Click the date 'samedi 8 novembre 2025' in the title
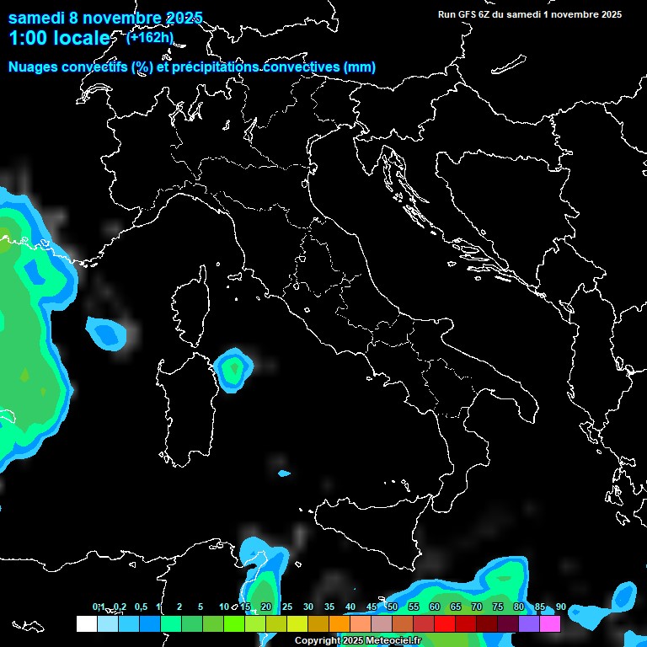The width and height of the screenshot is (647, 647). (x=105, y=18)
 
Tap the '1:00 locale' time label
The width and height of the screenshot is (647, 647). (x=60, y=38)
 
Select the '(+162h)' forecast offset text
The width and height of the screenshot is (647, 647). (x=150, y=37)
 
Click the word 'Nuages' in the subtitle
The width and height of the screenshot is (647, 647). (x=34, y=67)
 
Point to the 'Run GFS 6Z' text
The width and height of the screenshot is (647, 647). (x=468, y=14)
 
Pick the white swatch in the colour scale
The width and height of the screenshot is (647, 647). (x=86, y=623)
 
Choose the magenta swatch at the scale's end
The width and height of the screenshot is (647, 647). (x=550, y=623)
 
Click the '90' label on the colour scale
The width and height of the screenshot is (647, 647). (x=560, y=607)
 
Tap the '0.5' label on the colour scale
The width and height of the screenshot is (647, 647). (x=140, y=607)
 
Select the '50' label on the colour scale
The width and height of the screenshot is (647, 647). (x=392, y=607)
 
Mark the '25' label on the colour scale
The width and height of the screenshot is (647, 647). (x=286, y=607)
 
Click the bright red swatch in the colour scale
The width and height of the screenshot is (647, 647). (x=444, y=623)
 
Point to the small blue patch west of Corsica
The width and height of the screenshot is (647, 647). (x=107, y=332)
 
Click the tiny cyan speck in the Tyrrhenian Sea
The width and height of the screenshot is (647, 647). (x=284, y=473)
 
